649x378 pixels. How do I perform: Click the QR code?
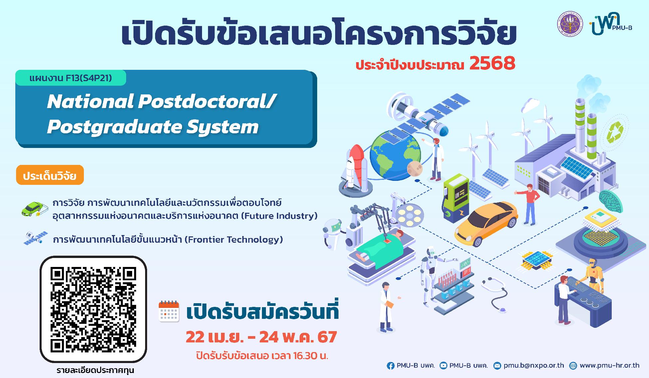[93, 309]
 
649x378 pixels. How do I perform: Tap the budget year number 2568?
[492, 63]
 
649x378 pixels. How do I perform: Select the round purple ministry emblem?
[570, 24]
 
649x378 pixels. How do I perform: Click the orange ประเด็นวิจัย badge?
[50, 175]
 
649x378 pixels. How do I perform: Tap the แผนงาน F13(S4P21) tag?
[71, 78]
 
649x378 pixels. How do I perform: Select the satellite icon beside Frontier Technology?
[35, 238]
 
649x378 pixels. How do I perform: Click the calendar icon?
[169, 312]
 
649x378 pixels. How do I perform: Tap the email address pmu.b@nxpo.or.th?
[534, 365]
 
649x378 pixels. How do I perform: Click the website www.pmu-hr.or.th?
[609, 365]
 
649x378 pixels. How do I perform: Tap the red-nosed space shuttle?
[354, 170]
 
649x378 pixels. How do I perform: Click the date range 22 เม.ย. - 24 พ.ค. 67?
[261, 337]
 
